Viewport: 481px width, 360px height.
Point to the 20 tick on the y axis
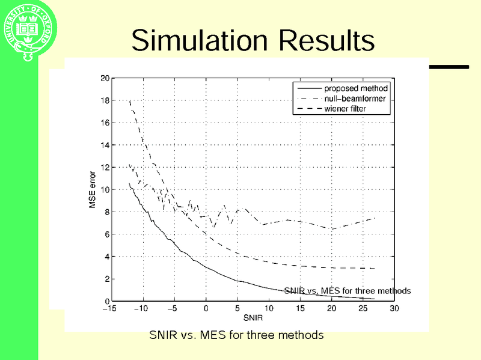click(105, 78)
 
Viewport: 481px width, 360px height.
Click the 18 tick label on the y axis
click(105, 100)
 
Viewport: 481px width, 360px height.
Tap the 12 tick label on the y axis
click(105, 167)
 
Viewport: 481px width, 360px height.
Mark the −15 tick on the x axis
click(109, 309)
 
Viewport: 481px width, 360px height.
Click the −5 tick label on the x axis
click(172, 309)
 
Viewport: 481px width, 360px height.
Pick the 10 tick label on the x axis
click(268, 309)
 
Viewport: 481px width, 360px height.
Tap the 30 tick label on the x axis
click(394, 309)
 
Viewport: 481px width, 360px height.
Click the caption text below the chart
click(236, 335)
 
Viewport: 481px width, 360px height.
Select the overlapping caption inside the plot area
click(348, 291)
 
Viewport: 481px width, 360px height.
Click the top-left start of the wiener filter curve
click(130, 102)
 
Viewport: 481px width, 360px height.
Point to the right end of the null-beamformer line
click(375, 218)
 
